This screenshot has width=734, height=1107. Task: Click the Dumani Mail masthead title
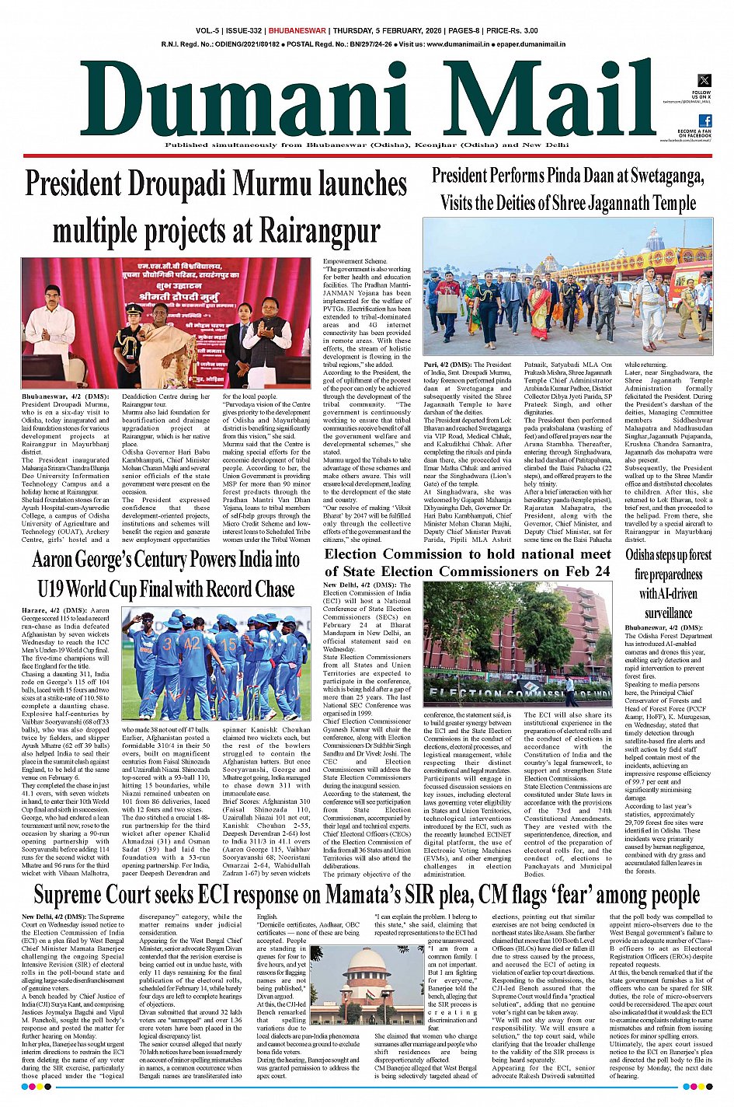click(365, 100)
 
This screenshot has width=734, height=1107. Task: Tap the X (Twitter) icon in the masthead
click(704, 80)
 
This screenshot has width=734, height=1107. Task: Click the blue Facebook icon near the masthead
click(705, 120)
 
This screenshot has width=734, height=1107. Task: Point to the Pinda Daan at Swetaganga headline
click(568, 190)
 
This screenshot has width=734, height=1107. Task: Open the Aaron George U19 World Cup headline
click(165, 574)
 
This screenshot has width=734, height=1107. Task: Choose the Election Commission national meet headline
click(468, 563)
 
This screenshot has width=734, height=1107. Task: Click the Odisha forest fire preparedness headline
click(668, 584)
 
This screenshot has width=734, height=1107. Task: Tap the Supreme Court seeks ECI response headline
click(367, 895)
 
